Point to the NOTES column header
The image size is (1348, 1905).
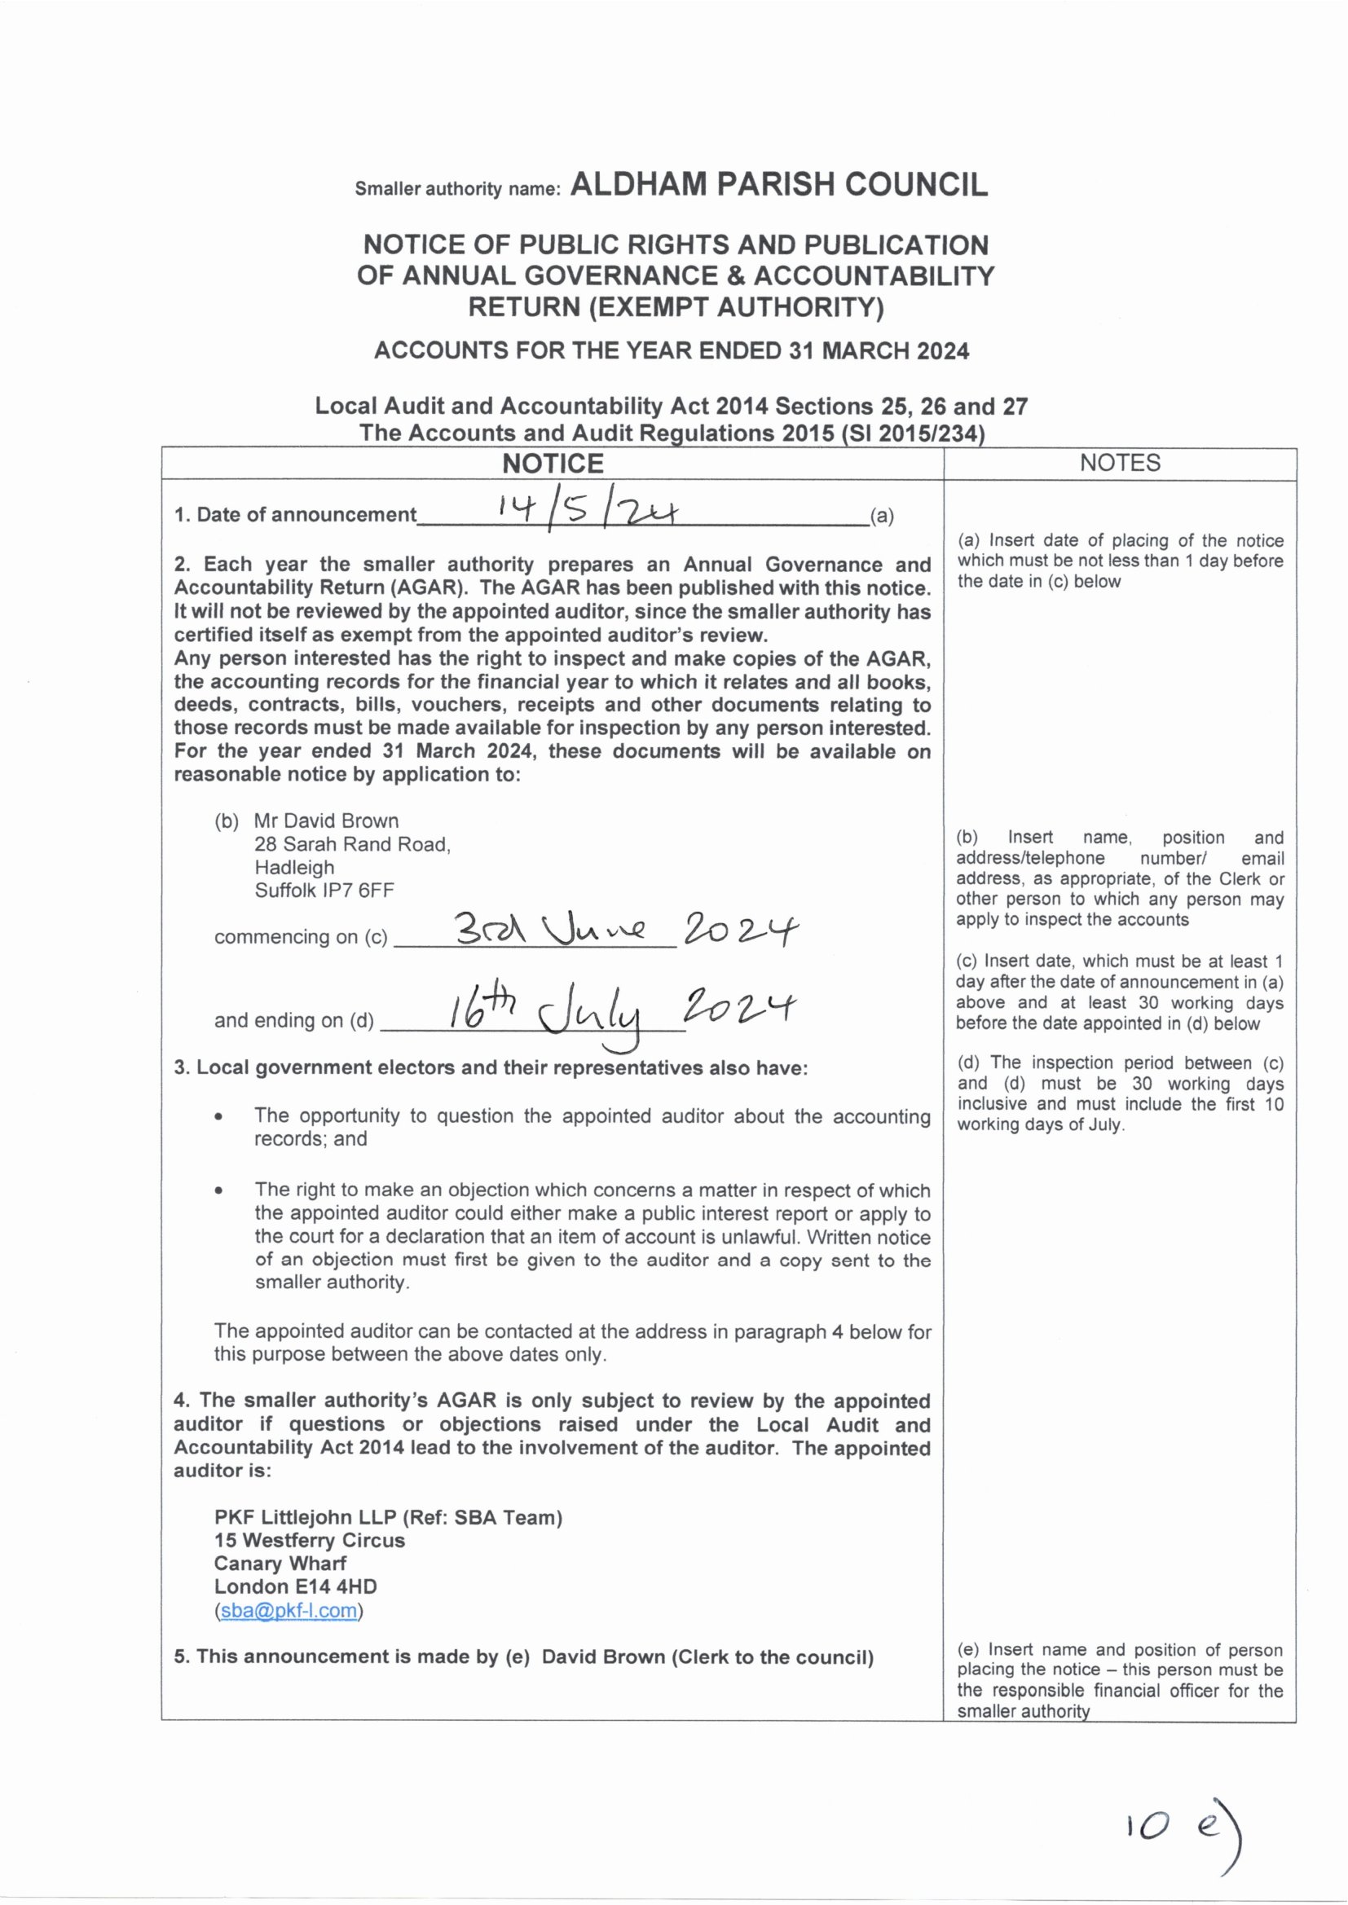[x=1120, y=463]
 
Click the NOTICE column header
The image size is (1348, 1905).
[x=553, y=464]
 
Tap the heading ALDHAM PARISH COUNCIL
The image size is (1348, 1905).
[x=779, y=184]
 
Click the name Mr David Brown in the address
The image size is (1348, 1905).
[x=326, y=821]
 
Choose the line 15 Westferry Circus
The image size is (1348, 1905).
[x=310, y=1540]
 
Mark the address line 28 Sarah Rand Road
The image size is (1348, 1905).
[x=352, y=844]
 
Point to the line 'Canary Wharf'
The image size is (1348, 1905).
[x=280, y=1563]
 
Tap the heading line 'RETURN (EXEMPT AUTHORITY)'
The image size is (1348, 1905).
[x=676, y=308]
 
